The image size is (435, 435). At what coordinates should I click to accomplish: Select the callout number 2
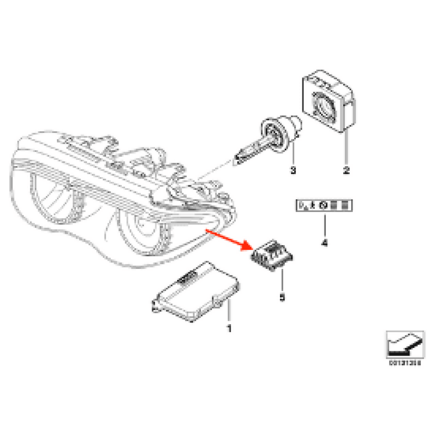click(x=346, y=170)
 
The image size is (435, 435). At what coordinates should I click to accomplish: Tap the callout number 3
click(x=292, y=170)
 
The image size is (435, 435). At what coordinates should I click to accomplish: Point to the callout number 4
click(x=325, y=243)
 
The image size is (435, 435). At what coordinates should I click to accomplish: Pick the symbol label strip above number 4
click(x=325, y=206)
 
